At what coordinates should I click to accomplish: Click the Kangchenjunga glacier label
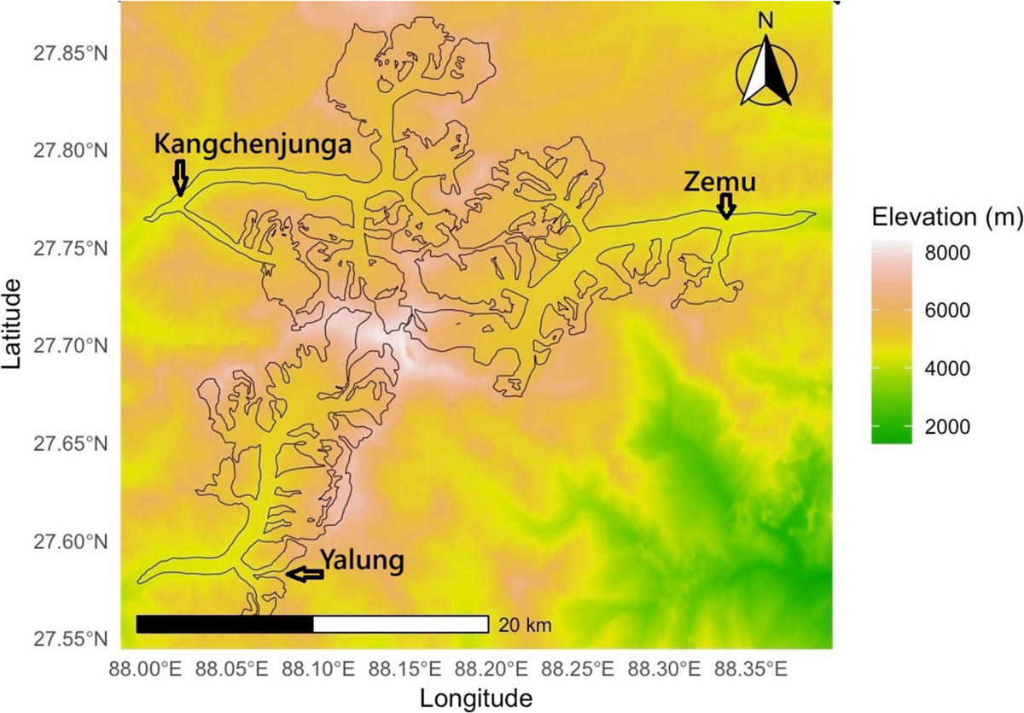point(253,144)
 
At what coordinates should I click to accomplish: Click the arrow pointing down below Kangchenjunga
point(179,178)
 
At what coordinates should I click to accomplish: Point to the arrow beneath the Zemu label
point(725,206)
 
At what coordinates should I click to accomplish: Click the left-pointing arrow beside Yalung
point(305,575)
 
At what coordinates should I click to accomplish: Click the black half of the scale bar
point(224,624)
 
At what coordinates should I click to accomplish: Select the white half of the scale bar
point(400,624)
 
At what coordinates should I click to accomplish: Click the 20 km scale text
point(526,626)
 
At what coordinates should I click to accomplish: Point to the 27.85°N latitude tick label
point(80,54)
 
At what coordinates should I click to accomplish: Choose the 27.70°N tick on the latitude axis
point(80,347)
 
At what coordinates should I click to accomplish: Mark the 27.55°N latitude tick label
point(80,640)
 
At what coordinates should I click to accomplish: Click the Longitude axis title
point(476,698)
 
